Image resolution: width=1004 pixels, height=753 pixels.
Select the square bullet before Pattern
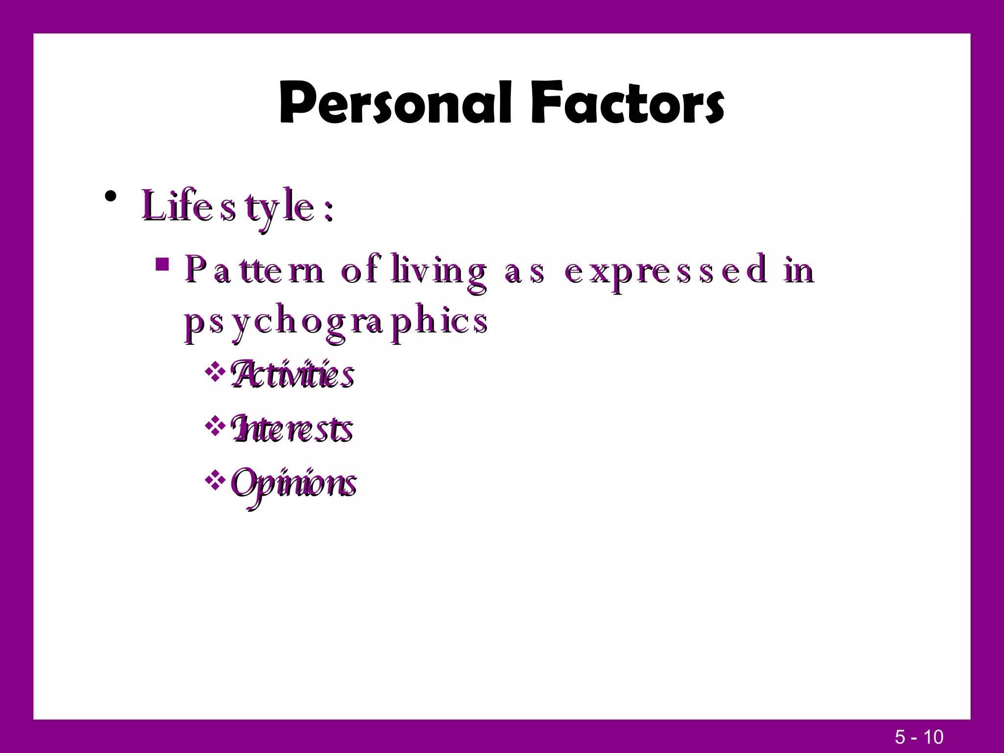tap(162, 265)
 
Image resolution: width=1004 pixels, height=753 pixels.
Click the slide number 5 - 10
tap(919, 737)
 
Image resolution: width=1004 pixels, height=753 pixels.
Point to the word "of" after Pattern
tap(360, 270)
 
